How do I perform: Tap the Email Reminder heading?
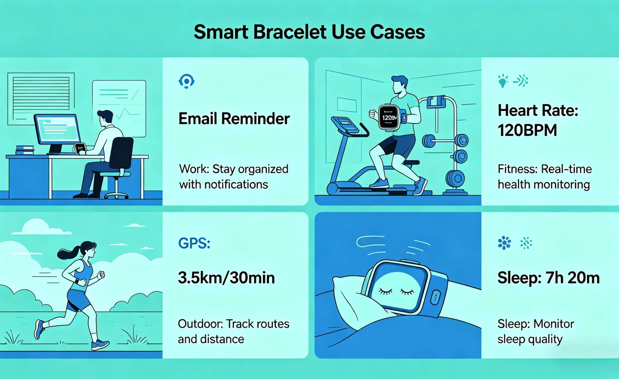(x=234, y=118)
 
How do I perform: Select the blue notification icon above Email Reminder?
(x=186, y=81)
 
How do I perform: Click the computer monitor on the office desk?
(x=57, y=130)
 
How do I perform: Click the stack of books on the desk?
(x=25, y=150)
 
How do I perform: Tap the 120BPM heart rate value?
(x=527, y=130)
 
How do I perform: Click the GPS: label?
(x=194, y=243)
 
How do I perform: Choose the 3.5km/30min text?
(x=226, y=278)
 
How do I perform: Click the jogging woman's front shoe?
(x=100, y=344)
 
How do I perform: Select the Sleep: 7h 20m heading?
(x=548, y=278)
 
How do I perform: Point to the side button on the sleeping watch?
(x=435, y=297)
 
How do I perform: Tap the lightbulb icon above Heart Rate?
(x=502, y=81)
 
